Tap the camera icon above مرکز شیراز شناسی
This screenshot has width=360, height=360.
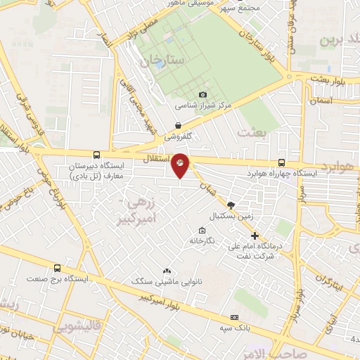(x=203, y=95)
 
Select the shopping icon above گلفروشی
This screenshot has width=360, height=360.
(x=179, y=125)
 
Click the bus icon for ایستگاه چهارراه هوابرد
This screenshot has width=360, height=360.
(x=282, y=162)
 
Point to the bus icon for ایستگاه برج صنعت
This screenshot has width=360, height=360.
(x=57, y=268)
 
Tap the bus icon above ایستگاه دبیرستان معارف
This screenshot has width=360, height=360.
(x=96, y=155)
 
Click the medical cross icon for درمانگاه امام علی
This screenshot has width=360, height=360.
(x=255, y=236)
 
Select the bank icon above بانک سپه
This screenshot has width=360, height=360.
(x=234, y=318)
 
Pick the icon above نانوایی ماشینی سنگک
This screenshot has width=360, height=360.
(x=167, y=271)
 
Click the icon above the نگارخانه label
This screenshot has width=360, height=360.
(x=202, y=230)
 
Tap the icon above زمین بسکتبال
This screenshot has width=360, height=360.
(x=231, y=204)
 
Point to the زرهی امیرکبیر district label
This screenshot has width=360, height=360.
(x=146, y=207)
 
